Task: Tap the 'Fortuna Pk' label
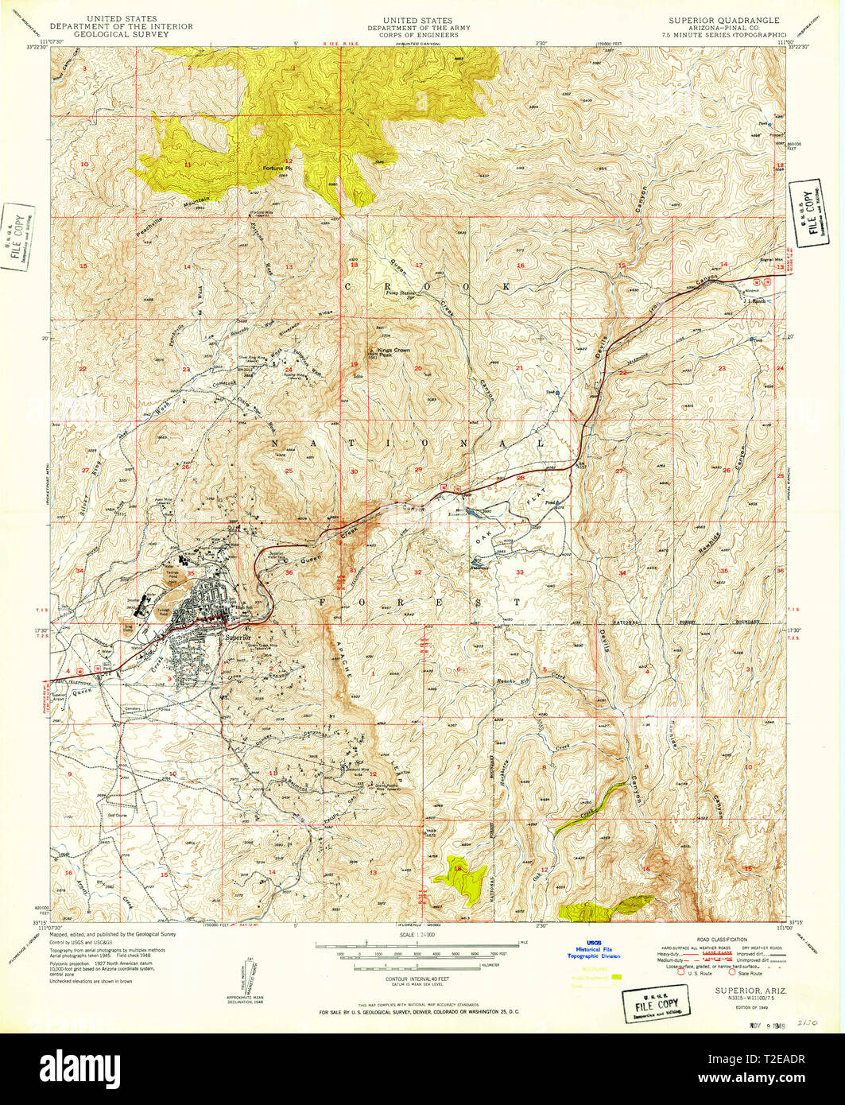tap(277, 169)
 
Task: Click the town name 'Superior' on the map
tap(238, 638)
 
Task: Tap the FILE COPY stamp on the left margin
tap(17, 236)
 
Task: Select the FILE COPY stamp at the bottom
tap(657, 1003)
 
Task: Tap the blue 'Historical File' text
tap(587, 949)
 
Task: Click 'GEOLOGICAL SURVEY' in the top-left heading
tap(139, 35)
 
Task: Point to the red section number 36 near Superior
tap(288, 572)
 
